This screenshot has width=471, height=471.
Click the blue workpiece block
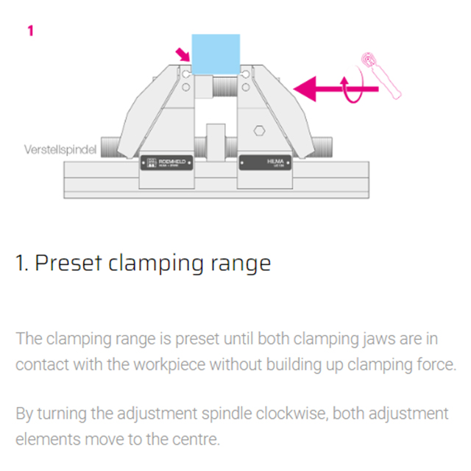215,49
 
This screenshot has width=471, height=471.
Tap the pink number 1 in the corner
30,31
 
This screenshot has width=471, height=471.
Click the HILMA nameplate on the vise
266,163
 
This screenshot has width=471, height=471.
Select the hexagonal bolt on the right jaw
259,131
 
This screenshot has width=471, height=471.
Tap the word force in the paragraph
436,364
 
